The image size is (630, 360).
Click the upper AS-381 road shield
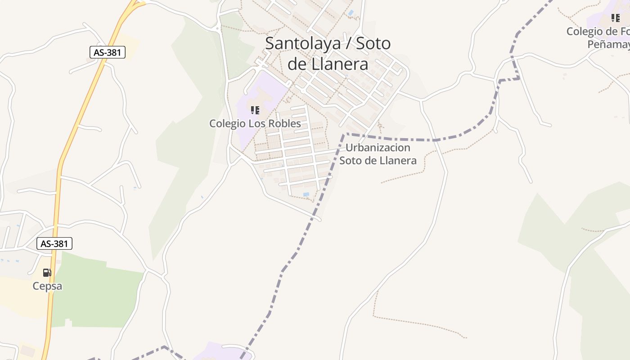tap(107, 52)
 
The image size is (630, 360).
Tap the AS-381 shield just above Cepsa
tap(54, 244)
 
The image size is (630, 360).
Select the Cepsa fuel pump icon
tap(47, 273)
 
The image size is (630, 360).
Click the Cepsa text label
tap(47, 286)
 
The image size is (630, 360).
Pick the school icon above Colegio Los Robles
tap(255, 110)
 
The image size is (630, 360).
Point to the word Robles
tap(283, 123)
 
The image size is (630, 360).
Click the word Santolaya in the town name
tap(302, 44)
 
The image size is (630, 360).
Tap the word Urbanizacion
tap(378, 148)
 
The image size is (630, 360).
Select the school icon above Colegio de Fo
tap(615, 18)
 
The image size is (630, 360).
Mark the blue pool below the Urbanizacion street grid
tap(306, 194)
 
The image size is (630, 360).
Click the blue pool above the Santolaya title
tap(351, 13)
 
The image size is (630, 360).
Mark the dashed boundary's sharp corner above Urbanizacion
tap(344, 135)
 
